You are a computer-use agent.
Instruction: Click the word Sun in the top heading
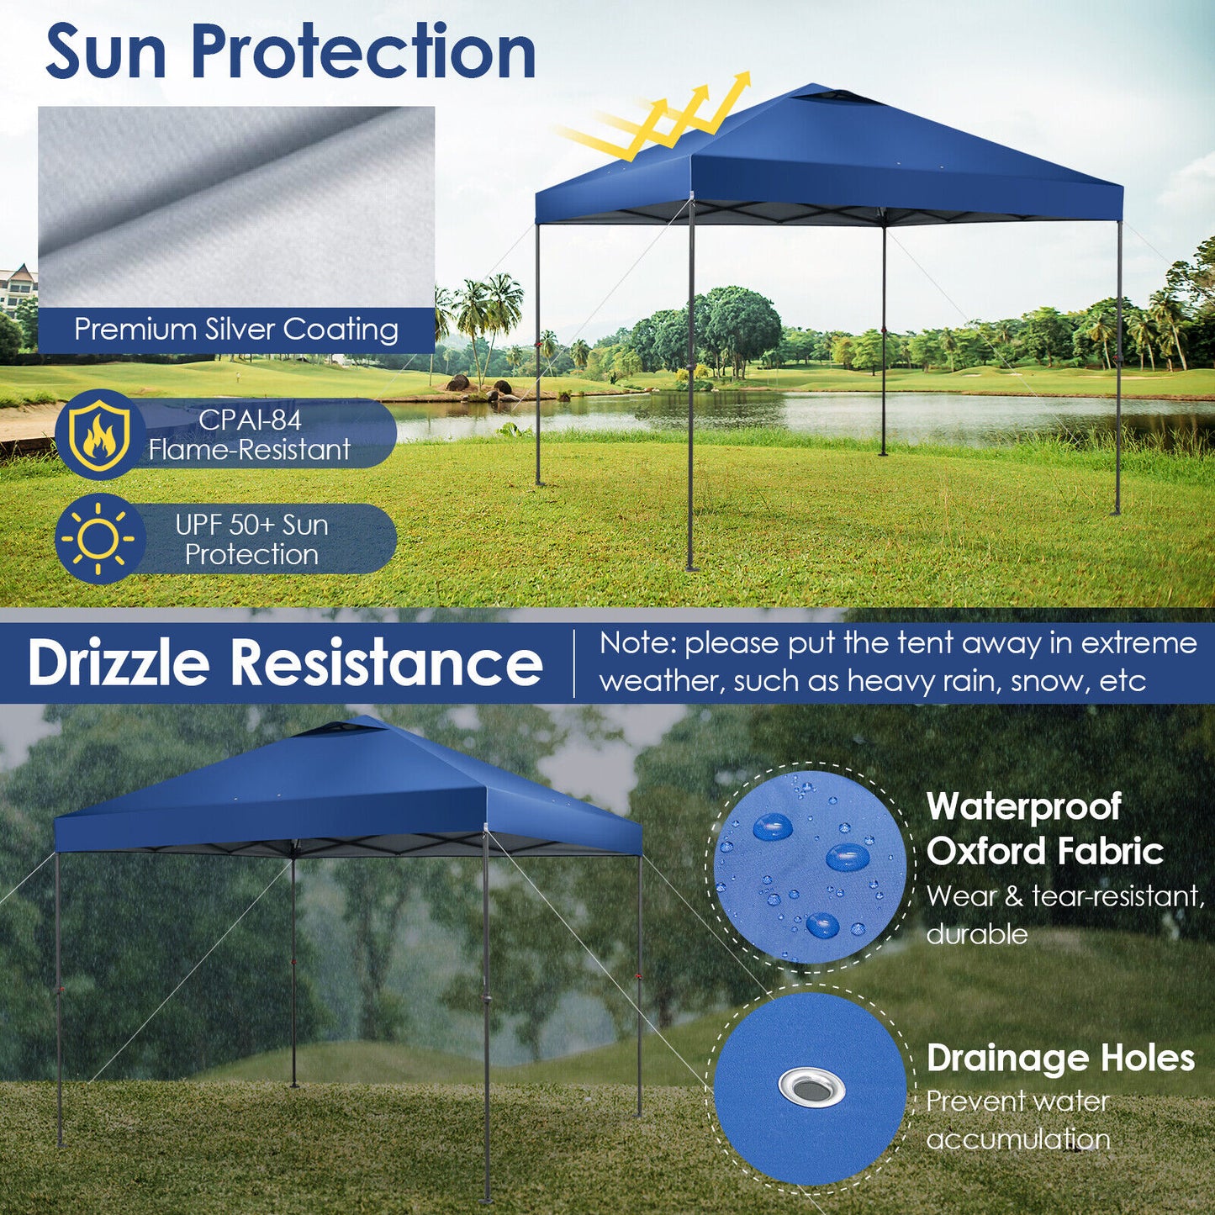[106, 52]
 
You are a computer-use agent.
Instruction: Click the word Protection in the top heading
[363, 52]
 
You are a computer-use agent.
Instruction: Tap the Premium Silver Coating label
[236, 329]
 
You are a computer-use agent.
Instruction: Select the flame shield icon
[99, 434]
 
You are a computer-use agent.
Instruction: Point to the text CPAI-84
[250, 419]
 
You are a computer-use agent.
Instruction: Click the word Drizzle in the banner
[119, 663]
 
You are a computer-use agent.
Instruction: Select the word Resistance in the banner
[387, 663]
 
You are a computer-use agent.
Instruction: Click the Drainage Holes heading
[1060, 1058]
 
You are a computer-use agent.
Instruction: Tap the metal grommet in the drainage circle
[811, 1086]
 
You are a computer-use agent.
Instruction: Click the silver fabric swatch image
[236, 206]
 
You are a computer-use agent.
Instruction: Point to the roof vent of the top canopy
[836, 98]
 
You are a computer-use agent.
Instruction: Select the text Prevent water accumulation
[1018, 1120]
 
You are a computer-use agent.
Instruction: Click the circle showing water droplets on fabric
[809, 867]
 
